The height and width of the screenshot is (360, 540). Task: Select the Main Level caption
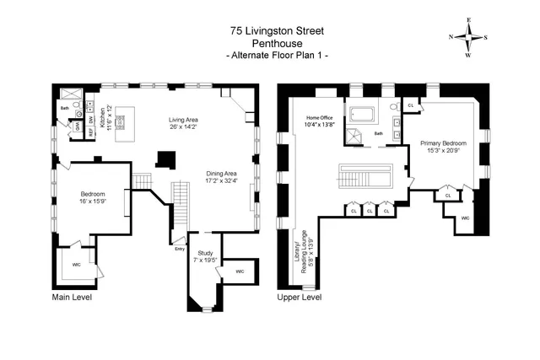click(72, 298)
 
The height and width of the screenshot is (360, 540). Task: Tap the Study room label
click(205, 252)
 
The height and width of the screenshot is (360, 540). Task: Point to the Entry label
click(179, 249)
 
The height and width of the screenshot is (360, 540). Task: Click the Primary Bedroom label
click(444, 145)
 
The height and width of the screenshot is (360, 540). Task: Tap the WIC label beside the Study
click(240, 271)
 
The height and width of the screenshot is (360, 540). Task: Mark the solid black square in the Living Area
click(166, 159)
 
